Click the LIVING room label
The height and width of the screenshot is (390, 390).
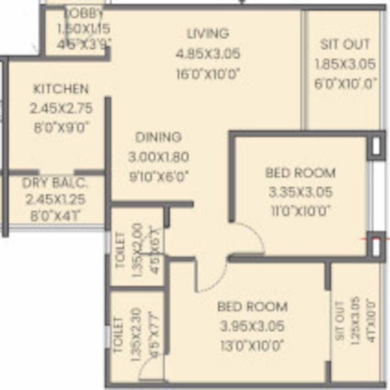click(208, 34)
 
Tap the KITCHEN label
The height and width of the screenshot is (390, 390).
click(61, 89)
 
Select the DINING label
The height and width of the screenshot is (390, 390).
click(158, 137)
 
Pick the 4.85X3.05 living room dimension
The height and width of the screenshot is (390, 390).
click(208, 54)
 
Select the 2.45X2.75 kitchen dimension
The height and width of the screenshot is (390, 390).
click(61, 108)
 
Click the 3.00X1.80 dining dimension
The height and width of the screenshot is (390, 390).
click(158, 157)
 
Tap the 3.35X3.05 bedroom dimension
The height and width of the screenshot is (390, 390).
click(301, 192)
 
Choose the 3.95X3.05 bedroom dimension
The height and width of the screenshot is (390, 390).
click(252, 326)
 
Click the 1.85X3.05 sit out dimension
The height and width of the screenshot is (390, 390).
click(345, 64)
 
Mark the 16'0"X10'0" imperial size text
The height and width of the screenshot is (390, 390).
click(208, 74)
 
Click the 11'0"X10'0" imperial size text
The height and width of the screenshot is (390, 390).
click(301, 211)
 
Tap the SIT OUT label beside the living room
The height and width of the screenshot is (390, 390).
click(345, 44)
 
